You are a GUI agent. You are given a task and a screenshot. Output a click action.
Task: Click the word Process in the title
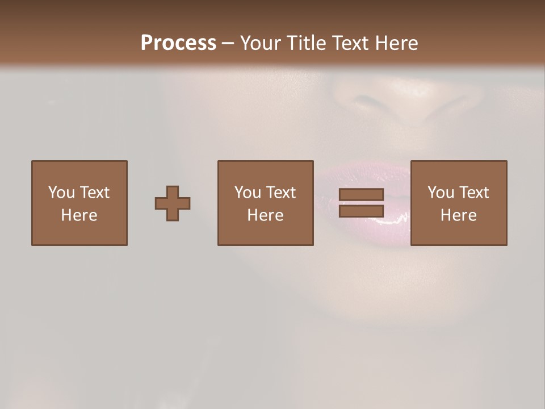(178, 43)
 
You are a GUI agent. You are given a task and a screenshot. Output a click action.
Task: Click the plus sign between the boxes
(173, 203)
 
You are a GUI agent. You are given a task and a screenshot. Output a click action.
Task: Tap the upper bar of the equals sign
(361, 195)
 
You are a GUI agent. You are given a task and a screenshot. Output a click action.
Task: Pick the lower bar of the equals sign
(361, 211)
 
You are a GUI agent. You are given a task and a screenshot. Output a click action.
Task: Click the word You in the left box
(61, 193)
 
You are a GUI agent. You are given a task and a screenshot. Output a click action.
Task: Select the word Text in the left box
(94, 193)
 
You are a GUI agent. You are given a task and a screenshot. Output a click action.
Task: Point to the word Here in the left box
(79, 215)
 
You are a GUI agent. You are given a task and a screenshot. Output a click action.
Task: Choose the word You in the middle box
(248, 193)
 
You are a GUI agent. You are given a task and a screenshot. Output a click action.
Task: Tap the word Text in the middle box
(280, 193)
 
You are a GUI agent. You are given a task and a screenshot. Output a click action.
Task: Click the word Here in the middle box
(265, 215)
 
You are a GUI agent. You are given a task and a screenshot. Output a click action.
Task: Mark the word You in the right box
(441, 193)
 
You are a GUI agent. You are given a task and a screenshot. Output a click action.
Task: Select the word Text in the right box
(473, 193)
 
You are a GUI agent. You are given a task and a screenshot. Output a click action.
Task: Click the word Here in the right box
(458, 215)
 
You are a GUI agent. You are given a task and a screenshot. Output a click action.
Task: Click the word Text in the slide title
(348, 43)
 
